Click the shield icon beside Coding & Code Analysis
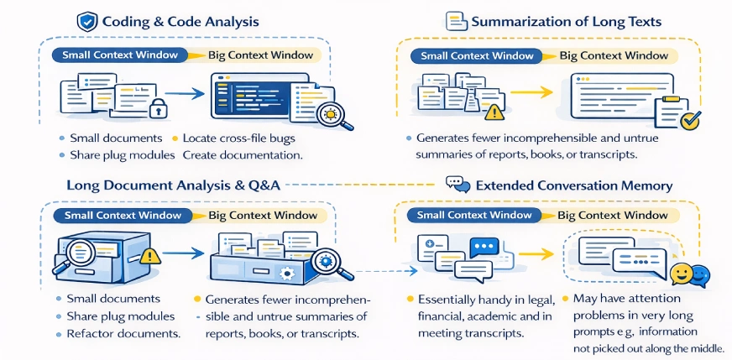[x=86, y=21]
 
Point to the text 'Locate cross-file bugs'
[x=238, y=138]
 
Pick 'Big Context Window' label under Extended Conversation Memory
[x=614, y=215]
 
